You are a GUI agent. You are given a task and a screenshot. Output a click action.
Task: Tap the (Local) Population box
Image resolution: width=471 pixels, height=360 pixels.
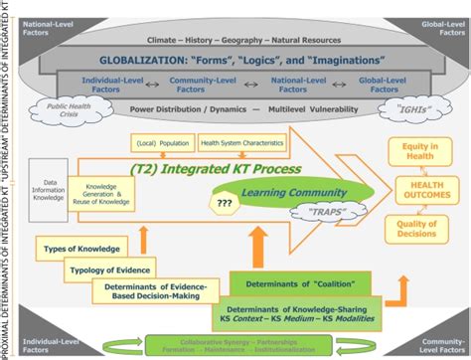click(x=163, y=143)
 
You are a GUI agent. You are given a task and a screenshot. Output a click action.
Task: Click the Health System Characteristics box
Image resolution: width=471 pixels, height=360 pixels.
click(x=243, y=143)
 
